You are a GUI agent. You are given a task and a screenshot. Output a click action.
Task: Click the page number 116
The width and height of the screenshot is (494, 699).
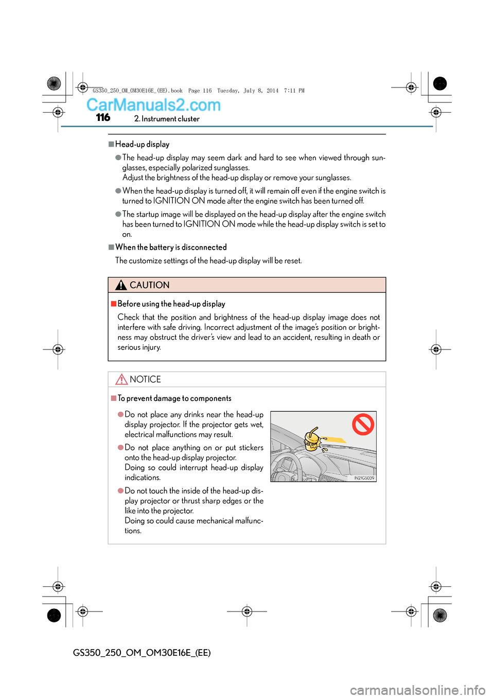[x=103, y=117]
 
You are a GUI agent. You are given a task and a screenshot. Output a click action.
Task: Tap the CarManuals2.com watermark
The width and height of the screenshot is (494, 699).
[x=153, y=105]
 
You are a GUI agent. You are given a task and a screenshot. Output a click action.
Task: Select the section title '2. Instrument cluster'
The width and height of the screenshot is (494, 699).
[x=167, y=119]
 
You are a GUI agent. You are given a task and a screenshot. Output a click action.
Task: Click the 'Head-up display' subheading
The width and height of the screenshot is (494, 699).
[x=142, y=144]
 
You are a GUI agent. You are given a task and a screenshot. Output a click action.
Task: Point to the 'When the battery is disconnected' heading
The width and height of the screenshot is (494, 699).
[x=171, y=247]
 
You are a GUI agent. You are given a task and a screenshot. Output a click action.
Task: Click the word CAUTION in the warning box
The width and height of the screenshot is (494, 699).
[x=149, y=285]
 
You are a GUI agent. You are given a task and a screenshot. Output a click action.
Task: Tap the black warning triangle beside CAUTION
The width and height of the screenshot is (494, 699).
[x=121, y=285]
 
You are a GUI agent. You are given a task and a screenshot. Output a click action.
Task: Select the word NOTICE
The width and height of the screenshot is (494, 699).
[x=145, y=379]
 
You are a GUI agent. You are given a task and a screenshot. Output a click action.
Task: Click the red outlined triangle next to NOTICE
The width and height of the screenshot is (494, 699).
[x=121, y=379]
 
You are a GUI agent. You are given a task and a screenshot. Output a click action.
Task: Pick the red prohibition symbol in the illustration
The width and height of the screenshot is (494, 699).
[x=363, y=425]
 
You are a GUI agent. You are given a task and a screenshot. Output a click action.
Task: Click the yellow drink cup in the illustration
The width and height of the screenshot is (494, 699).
[x=312, y=441]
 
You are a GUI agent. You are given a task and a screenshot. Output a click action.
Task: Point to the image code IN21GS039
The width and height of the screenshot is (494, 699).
[x=364, y=478]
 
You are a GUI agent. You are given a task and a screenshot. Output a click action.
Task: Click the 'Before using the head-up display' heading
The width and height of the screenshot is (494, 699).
[x=171, y=304]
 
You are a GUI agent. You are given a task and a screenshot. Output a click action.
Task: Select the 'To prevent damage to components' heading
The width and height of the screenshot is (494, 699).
[x=174, y=398]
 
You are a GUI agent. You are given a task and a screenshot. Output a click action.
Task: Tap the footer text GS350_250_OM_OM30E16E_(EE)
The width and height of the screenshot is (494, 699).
[x=142, y=653]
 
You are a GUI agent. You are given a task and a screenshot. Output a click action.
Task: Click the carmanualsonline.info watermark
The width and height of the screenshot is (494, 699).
[x=417, y=690]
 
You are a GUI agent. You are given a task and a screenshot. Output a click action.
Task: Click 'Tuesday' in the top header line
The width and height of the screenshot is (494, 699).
[x=227, y=91]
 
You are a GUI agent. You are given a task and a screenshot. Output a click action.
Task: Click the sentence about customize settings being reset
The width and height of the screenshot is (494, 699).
[x=208, y=260]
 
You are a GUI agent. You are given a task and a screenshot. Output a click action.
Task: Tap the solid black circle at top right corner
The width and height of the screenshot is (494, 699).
[x=440, y=83]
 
